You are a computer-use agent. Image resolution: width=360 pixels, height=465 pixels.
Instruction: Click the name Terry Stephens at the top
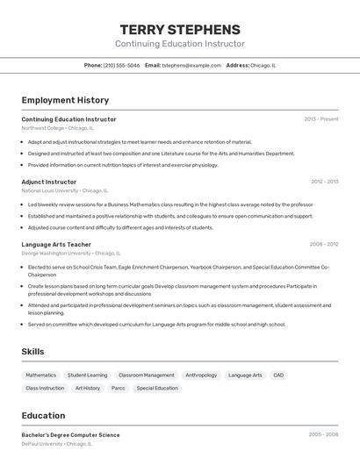[x=180, y=29]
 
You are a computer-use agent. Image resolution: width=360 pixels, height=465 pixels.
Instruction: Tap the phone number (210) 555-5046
[x=121, y=65]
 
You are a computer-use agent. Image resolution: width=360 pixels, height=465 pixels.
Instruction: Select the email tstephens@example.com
[x=192, y=65]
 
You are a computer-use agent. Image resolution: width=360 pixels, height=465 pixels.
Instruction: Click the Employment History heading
[x=65, y=100]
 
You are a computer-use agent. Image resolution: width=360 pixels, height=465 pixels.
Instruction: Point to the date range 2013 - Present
[x=321, y=119]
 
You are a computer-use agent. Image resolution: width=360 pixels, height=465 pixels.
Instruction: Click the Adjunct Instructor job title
[x=49, y=182]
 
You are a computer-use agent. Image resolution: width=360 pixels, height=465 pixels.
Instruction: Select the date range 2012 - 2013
[x=324, y=182]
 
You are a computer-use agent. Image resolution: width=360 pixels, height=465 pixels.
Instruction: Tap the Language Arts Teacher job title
[x=56, y=245]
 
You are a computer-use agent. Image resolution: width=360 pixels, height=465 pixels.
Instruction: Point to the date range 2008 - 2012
[x=324, y=245]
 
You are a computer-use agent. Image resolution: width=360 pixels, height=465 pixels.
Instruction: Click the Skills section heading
[x=33, y=352]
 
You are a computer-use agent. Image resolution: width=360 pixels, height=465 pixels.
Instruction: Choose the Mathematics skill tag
[x=40, y=376]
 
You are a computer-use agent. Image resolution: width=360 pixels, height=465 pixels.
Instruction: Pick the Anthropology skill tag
[x=201, y=376]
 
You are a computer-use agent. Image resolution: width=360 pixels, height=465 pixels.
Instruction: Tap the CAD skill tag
[x=278, y=376]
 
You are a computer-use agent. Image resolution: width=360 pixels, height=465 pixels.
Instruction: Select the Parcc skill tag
[x=118, y=388]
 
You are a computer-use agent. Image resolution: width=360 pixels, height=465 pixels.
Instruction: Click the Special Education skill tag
[x=157, y=388]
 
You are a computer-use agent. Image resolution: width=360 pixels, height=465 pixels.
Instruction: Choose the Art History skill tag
[x=88, y=388]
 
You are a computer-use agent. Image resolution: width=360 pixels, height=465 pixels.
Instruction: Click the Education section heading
[x=43, y=416]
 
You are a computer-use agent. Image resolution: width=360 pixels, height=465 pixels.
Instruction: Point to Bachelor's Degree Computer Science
[x=70, y=435]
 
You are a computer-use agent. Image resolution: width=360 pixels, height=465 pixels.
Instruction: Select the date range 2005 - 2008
[x=323, y=435]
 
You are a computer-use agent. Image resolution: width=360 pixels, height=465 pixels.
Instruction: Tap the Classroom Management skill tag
[x=146, y=376]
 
